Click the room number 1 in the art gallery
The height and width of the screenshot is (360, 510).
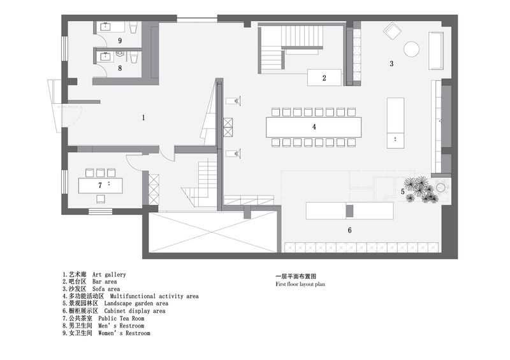coord(143,118)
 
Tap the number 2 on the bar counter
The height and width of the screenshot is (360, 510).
coord(324,78)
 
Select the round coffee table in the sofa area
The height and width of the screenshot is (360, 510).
coord(411,49)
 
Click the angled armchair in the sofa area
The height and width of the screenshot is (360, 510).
coord(392,31)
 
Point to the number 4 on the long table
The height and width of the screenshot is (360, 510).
coord(314,127)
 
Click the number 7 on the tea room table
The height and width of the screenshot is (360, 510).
coord(100,185)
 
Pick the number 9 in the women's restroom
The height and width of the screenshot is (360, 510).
coord(120,41)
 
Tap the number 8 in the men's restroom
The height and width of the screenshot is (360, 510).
coord(120,68)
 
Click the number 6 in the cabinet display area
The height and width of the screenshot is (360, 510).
coord(349,230)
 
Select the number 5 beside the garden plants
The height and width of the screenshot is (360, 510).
coord(403,192)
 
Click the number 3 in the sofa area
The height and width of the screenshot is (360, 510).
coord(391,64)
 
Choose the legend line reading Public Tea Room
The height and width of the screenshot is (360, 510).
coord(103,319)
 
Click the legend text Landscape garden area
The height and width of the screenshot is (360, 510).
coord(115,303)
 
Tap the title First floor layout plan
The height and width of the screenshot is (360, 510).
coord(300,284)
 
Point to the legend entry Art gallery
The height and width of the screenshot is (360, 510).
coord(94,275)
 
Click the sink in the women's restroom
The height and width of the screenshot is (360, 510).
coord(106,26)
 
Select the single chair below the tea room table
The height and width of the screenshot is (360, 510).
coord(101,198)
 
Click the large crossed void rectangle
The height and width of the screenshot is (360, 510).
coord(213,232)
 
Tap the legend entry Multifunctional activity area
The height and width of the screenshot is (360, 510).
coord(131,296)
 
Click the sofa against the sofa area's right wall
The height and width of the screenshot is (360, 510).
coord(436,50)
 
